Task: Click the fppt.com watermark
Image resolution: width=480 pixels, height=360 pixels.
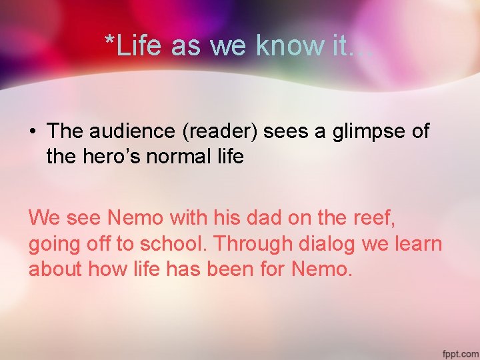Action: click(459, 352)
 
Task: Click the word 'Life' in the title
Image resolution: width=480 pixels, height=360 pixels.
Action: click(141, 45)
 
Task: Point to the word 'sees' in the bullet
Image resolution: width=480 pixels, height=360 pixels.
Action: click(288, 132)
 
